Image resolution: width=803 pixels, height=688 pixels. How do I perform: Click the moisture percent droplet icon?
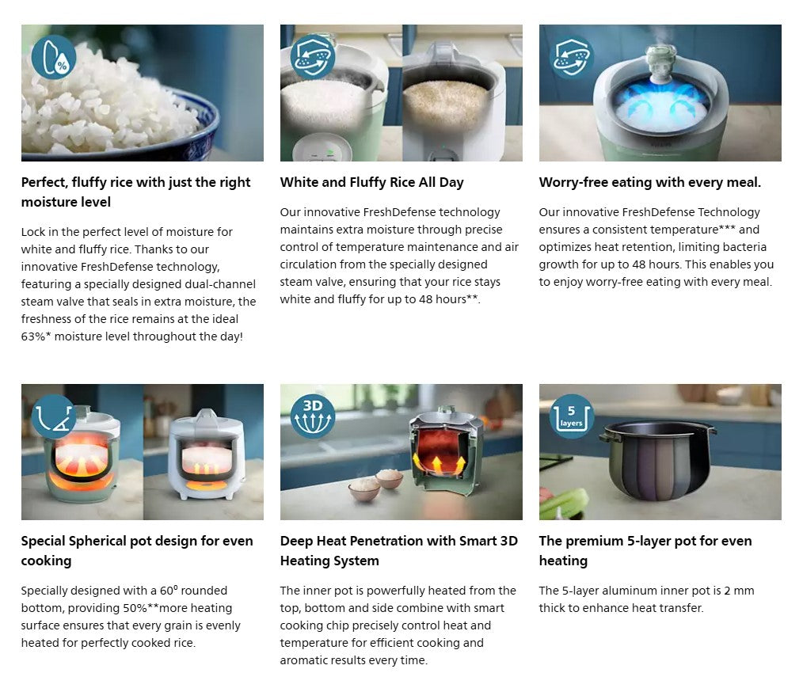tap(54, 57)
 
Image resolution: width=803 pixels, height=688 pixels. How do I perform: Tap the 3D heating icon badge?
tap(312, 416)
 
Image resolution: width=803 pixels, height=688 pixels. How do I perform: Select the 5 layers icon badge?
tap(572, 416)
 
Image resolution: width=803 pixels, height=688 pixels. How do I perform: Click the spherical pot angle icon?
tap(54, 416)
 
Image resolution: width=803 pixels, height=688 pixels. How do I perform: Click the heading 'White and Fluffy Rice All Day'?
tap(371, 182)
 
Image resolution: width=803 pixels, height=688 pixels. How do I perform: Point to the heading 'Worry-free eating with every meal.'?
tap(650, 182)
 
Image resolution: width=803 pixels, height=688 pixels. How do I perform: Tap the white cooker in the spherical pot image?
tap(207, 453)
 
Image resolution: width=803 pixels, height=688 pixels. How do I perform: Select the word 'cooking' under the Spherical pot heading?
tap(46, 561)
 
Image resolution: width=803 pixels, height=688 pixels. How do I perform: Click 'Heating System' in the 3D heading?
tap(329, 561)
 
